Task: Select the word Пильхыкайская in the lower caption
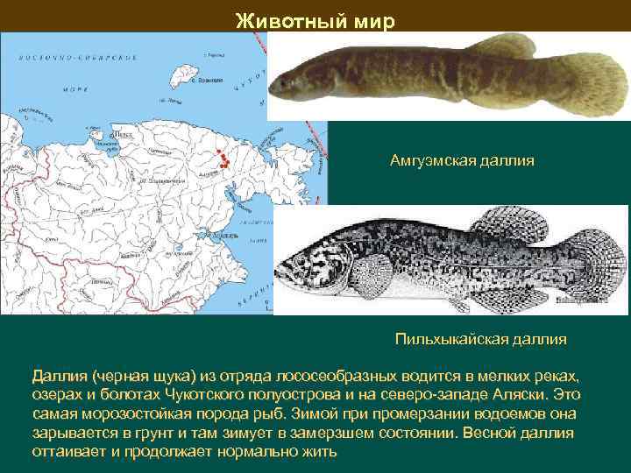[449, 338]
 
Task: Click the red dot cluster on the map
[227, 159]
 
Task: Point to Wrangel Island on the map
[187, 71]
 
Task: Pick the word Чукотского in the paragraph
[247, 395]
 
